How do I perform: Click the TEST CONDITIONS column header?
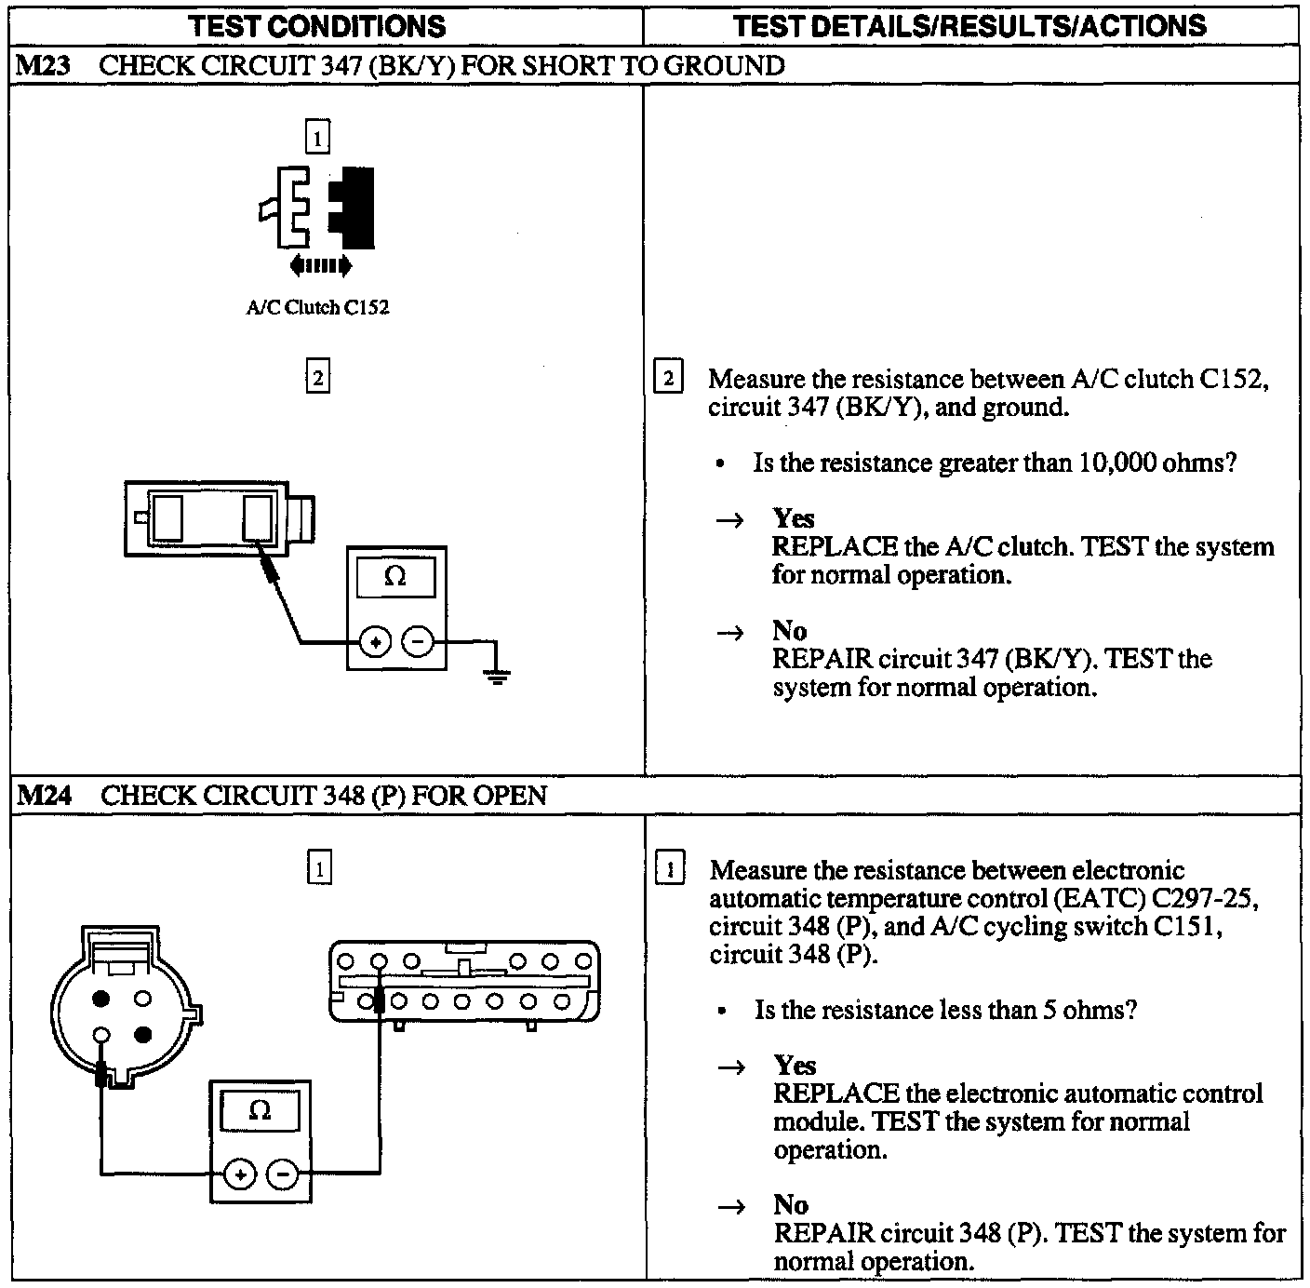[318, 26]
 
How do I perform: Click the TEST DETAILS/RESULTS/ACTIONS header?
[970, 26]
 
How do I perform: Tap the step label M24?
[43, 796]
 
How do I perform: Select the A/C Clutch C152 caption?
[317, 308]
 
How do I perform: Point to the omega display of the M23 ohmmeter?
[395, 577]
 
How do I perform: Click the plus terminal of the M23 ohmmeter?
[374, 642]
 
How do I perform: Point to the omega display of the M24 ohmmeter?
[261, 1110]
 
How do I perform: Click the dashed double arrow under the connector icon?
[321, 266]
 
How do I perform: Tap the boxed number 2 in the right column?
[669, 379]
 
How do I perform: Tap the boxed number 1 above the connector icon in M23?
[317, 140]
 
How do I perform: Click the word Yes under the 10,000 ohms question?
[793, 518]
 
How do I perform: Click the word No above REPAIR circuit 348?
[790, 1204]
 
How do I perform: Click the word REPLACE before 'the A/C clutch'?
[835, 546]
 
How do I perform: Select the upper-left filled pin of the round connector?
[101, 999]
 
